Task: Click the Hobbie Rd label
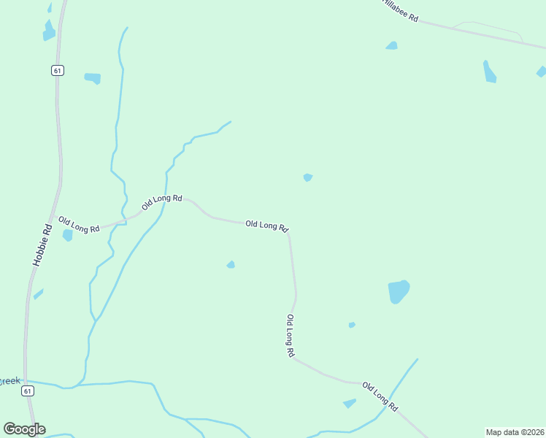point(42,244)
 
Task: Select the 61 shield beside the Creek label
point(28,391)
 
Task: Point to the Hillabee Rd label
point(400,11)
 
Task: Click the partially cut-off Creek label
point(9,381)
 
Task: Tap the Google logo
point(24,429)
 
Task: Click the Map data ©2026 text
point(515,431)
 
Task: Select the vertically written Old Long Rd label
point(290,336)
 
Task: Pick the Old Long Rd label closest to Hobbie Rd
point(79,225)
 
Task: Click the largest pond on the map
point(399,291)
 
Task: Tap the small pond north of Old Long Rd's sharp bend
point(308,177)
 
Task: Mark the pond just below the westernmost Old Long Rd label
point(68,235)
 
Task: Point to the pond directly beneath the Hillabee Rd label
point(392,45)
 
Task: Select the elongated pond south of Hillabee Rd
point(489,72)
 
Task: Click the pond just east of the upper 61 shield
point(93,77)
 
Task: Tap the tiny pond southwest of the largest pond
point(352,325)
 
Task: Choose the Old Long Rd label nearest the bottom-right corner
point(380,396)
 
